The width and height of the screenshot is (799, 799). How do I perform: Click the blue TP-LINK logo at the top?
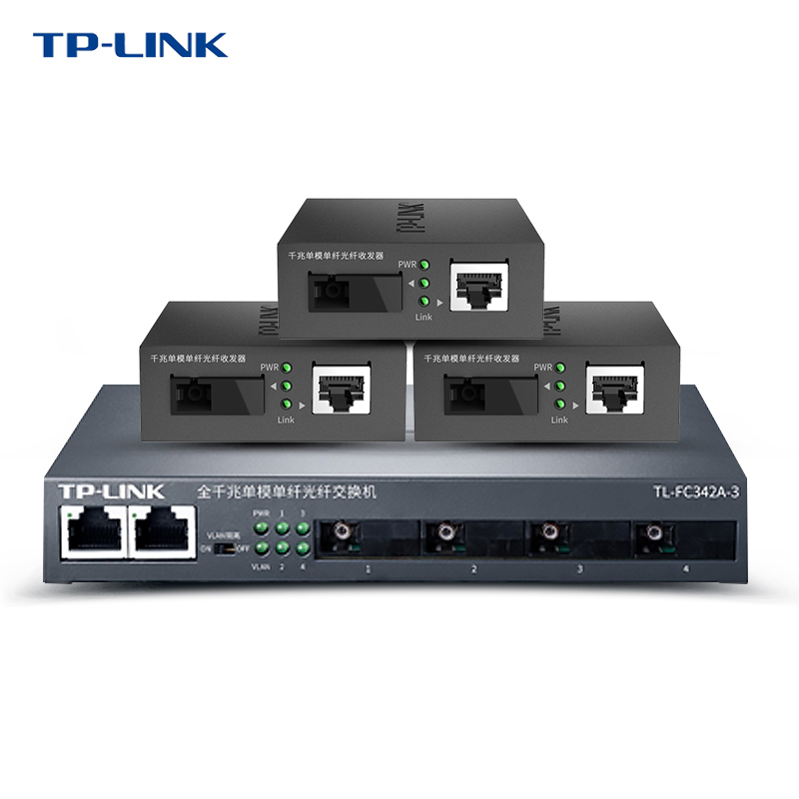coord(130,45)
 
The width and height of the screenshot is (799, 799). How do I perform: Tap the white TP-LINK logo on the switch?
coord(111,491)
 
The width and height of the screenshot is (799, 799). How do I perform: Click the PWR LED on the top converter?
coord(424,266)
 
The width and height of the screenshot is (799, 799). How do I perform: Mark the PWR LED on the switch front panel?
coord(262,527)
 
